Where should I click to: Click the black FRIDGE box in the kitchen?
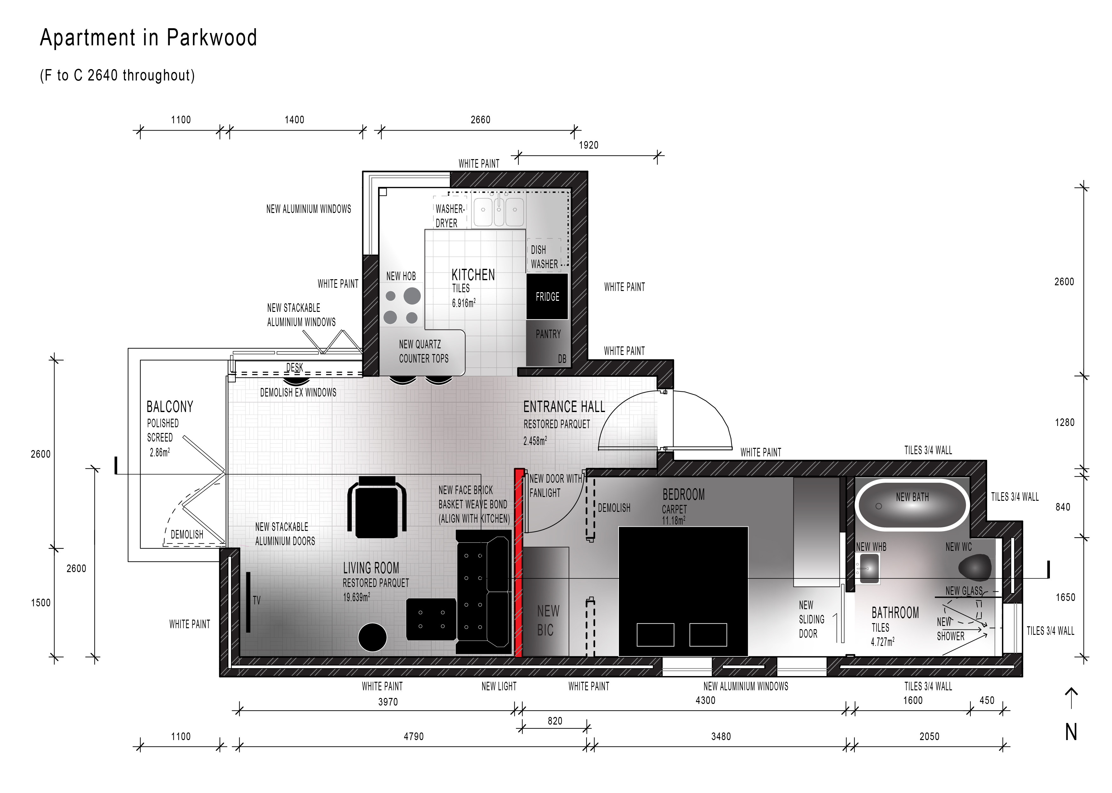click(547, 296)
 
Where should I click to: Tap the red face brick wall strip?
click(519, 563)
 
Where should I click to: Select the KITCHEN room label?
click(473, 275)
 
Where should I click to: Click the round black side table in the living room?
click(372, 637)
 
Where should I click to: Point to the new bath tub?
click(911, 506)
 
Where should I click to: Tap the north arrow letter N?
click(1071, 732)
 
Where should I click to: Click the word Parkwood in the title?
click(211, 38)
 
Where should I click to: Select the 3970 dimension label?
click(388, 702)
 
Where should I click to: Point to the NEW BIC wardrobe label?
click(547, 621)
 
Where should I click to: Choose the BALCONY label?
click(170, 407)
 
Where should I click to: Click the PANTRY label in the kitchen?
click(548, 334)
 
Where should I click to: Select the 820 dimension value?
click(555, 721)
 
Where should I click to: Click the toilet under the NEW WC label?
click(975, 567)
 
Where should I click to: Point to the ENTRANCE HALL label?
click(564, 407)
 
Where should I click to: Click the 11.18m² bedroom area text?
click(674, 520)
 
